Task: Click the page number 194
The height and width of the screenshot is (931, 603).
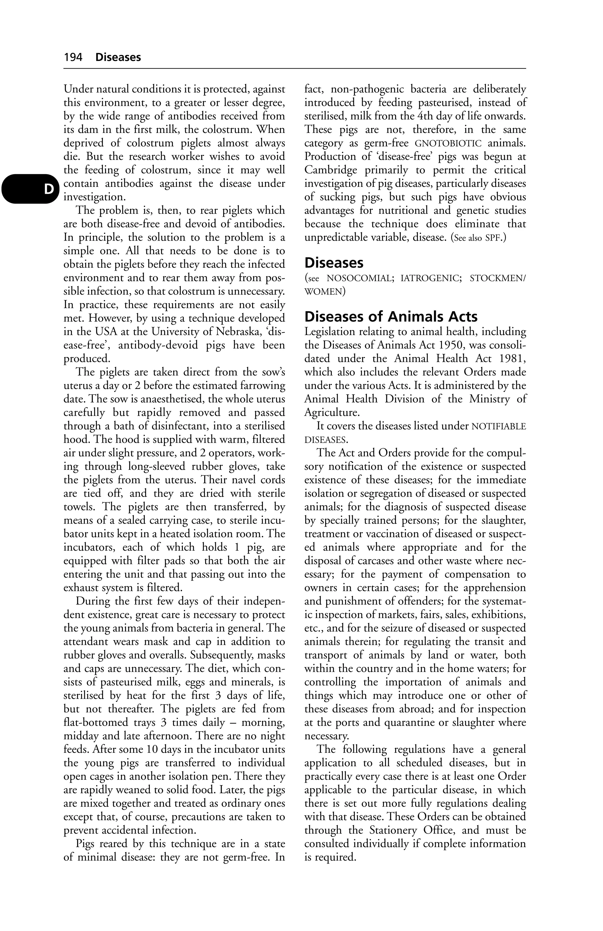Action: pyautogui.click(x=73, y=57)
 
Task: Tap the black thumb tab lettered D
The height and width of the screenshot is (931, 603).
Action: pyautogui.click(x=30, y=189)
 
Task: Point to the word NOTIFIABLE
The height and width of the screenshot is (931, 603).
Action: pyautogui.click(x=499, y=426)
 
